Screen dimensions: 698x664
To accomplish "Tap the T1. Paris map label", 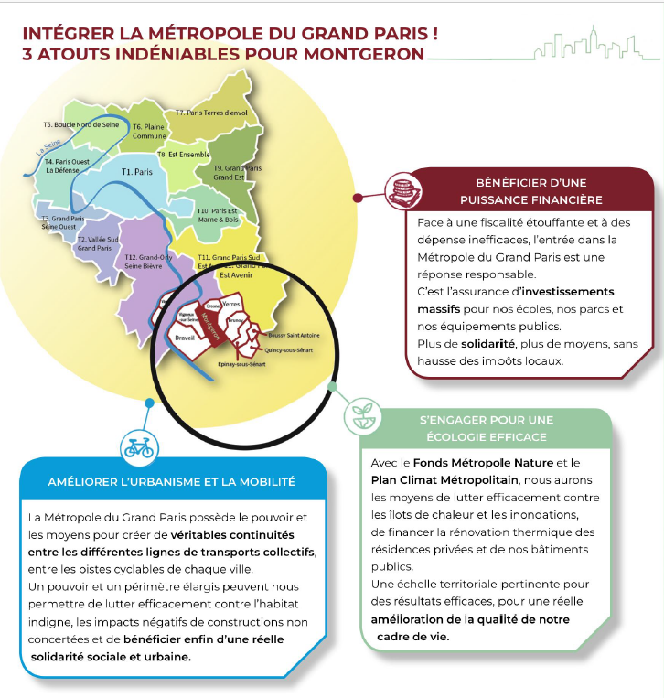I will click(x=136, y=171).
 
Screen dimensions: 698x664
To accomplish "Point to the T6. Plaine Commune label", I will click(x=149, y=132).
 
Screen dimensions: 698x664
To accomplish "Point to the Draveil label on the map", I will click(x=185, y=338).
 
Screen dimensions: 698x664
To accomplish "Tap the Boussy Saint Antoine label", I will click(x=293, y=334).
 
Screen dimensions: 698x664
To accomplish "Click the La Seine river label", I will click(x=48, y=147).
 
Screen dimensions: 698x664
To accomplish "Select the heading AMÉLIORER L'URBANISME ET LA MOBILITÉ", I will click(x=172, y=481).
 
